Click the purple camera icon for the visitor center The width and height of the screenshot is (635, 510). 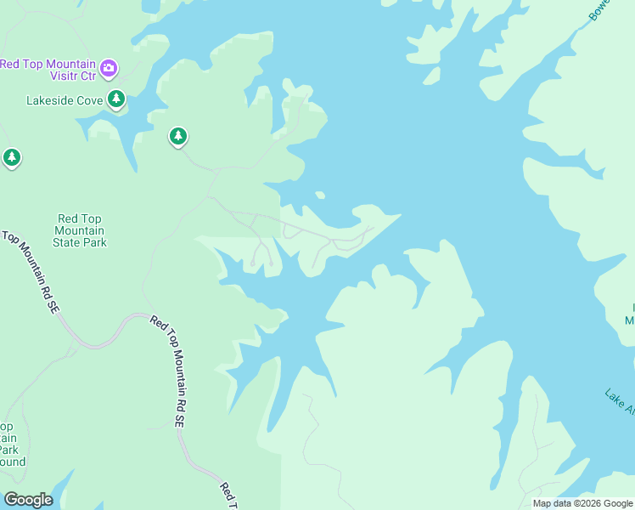tap(109, 67)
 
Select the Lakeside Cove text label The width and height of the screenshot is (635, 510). tap(65, 100)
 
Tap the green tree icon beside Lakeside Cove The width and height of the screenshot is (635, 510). tap(116, 99)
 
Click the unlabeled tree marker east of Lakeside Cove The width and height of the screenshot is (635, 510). tap(177, 135)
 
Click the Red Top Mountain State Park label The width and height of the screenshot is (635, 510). tap(80, 230)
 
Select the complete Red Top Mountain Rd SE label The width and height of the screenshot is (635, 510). tap(169, 371)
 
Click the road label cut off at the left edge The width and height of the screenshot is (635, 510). tap(31, 270)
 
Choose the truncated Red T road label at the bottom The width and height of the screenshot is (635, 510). tap(228, 496)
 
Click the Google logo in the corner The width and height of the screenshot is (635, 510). tap(28, 500)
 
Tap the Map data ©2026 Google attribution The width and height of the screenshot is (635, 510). tap(582, 503)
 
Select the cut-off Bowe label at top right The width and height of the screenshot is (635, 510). tap(599, 11)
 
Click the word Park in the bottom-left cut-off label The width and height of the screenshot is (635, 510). tap(8, 450)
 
